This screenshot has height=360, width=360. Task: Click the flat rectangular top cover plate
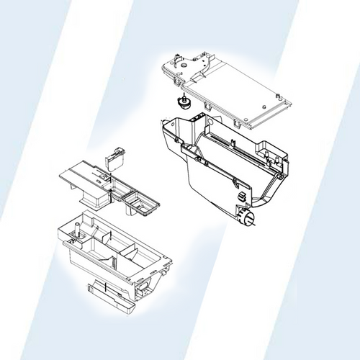238,90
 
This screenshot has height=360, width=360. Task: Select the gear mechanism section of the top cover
189,66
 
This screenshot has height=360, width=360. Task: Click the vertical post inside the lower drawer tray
74,232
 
